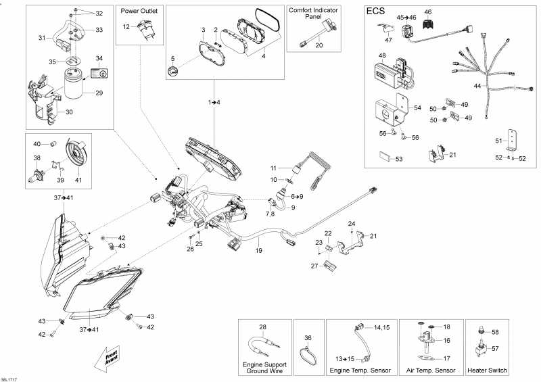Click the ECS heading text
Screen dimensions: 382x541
pyautogui.click(x=377, y=11)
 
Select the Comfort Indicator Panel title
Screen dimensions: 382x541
pyautogui.click(x=310, y=14)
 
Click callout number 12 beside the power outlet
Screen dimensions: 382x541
pyautogui.click(x=126, y=26)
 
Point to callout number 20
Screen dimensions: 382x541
pyautogui.click(x=319, y=45)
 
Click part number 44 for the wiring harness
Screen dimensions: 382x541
pyautogui.click(x=477, y=86)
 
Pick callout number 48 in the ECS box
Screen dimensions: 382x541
pyautogui.click(x=382, y=55)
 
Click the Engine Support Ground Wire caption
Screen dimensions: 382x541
pyautogui.click(x=264, y=367)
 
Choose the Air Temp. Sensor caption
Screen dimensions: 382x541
pyautogui.click(x=429, y=371)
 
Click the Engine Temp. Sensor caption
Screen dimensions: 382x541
pyautogui.click(x=359, y=371)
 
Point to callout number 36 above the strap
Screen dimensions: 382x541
pyautogui.click(x=308, y=337)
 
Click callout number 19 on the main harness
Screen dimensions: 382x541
pyautogui.click(x=258, y=251)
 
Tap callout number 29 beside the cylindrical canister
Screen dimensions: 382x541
pyautogui.click(x=99, y=93)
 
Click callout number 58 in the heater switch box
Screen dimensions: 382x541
pyautogui.click(x=495, y=332)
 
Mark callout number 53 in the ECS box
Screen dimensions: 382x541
pyautogui.click(x=398, y=160)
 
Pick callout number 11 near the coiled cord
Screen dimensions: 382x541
pyautogui.click(x=274, y=168)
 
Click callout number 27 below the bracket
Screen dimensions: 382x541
pyautogui.click(x=314, y=266)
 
